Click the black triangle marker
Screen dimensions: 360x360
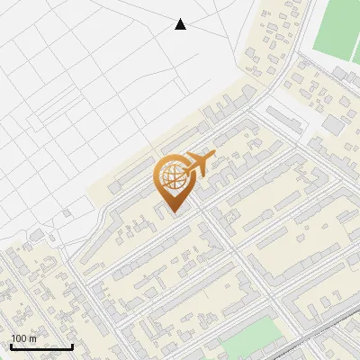click(180, 24)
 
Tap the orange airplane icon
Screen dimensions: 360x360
click(198, 164)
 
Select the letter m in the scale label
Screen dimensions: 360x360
click(32, 337)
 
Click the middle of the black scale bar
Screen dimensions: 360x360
click(42, 346)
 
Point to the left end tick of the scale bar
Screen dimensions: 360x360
click(12, 345)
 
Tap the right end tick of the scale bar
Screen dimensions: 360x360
click(73, 345)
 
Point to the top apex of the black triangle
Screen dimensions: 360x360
click(180, 19)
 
